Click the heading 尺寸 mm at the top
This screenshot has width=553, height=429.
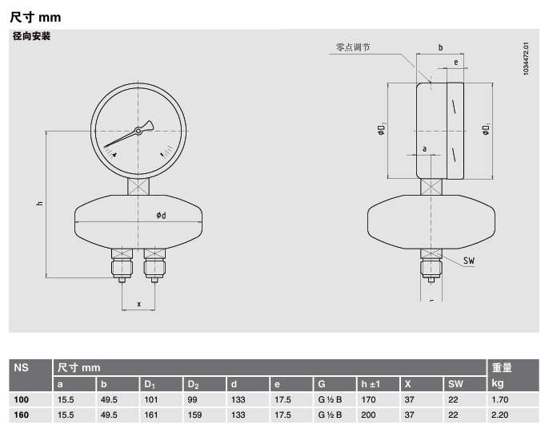pyautogui.click(x=35, y=16)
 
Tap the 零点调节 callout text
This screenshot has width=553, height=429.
pyautogui.click(x=352, y=47)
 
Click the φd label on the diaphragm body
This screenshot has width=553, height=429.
pyautogui.click(x=161, y=215)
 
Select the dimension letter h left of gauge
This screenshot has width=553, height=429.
pyautogui.click(x=39, y=204)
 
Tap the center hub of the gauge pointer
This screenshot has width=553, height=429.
pyautogui.click(x=138, y=131)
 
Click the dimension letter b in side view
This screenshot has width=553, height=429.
pyautogui.click(x=440, y=48)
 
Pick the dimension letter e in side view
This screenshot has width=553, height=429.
pyautogui.click(x=455, y=62)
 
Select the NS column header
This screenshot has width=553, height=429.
pyautogui.click(x=22, y=367)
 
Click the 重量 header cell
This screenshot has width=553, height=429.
pyautogui.click(x=502, y=367)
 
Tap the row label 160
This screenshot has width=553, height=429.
pyautogui.click(x=22, y=415)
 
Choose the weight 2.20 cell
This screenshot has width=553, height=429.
pyautogui.click(x=500, y=415)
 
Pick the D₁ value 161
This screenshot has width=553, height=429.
pyautogui.click(x=151, y=415)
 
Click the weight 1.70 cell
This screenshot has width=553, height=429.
pyautogui.click(x=500, y=399)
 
